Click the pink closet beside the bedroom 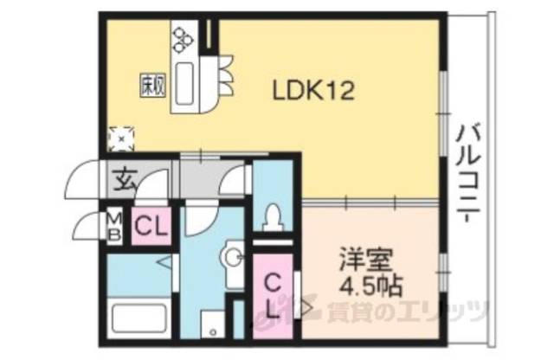click(x=271, y=295)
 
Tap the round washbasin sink click(x=230, y=256)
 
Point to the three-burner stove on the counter click(x=184, y=37)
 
